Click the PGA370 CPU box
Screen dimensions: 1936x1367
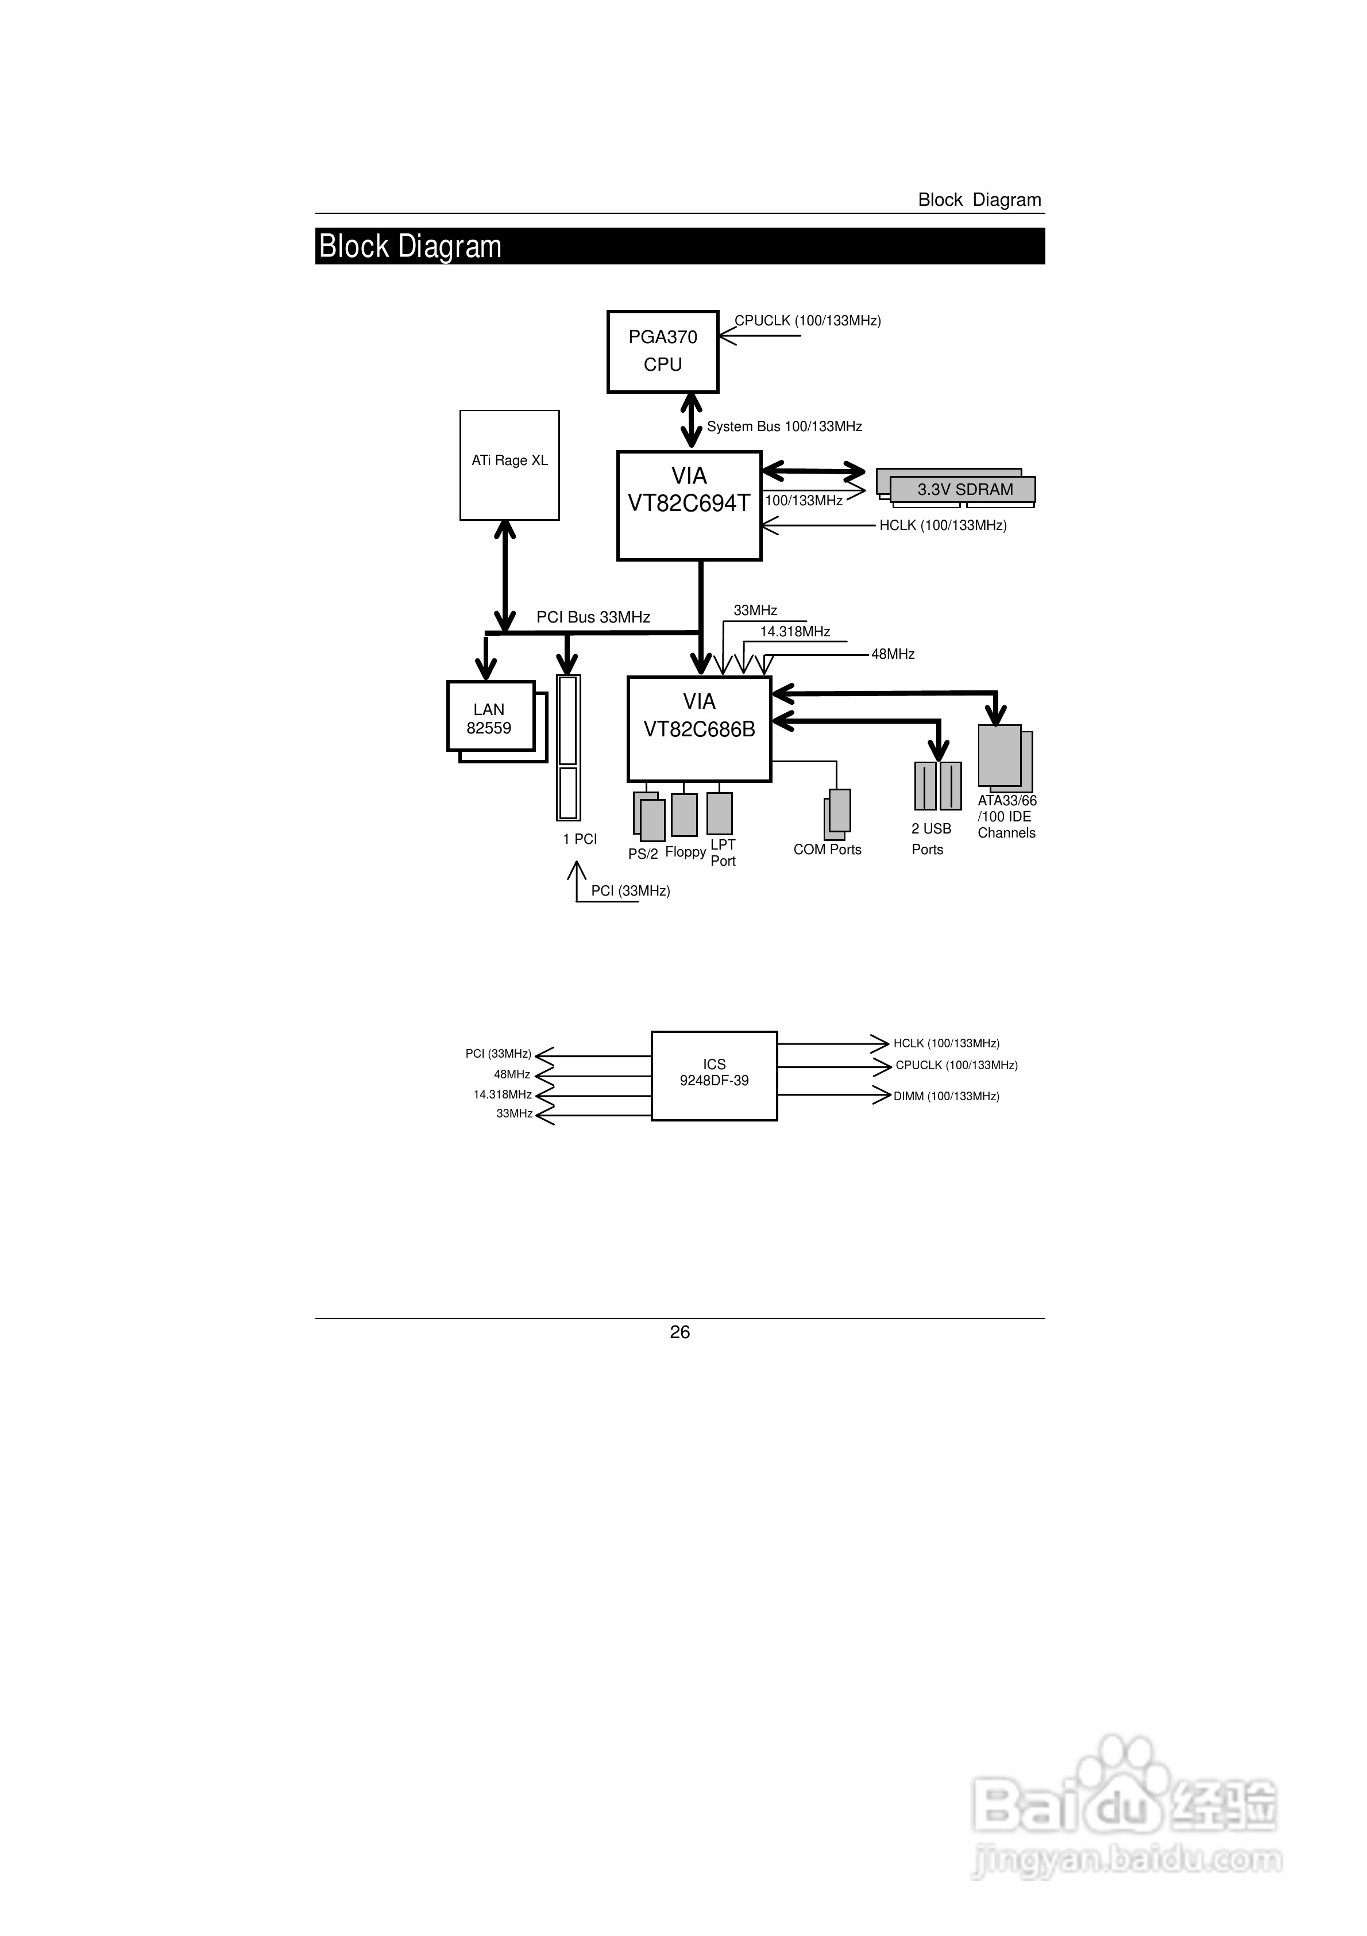662,351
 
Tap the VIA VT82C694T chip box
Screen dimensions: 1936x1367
689,505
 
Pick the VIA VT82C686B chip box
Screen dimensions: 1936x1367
698,728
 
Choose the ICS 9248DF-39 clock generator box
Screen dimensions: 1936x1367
714,1075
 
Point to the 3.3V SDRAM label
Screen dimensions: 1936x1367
965,489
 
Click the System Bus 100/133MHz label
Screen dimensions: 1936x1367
784,427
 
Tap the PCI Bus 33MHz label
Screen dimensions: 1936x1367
593,617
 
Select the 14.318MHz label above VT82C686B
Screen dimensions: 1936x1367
795,632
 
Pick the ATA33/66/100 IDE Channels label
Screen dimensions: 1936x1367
1006,816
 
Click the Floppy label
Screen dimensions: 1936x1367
685,852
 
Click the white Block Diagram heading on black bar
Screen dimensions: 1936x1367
411,246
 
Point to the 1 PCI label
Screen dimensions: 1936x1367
580,839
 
